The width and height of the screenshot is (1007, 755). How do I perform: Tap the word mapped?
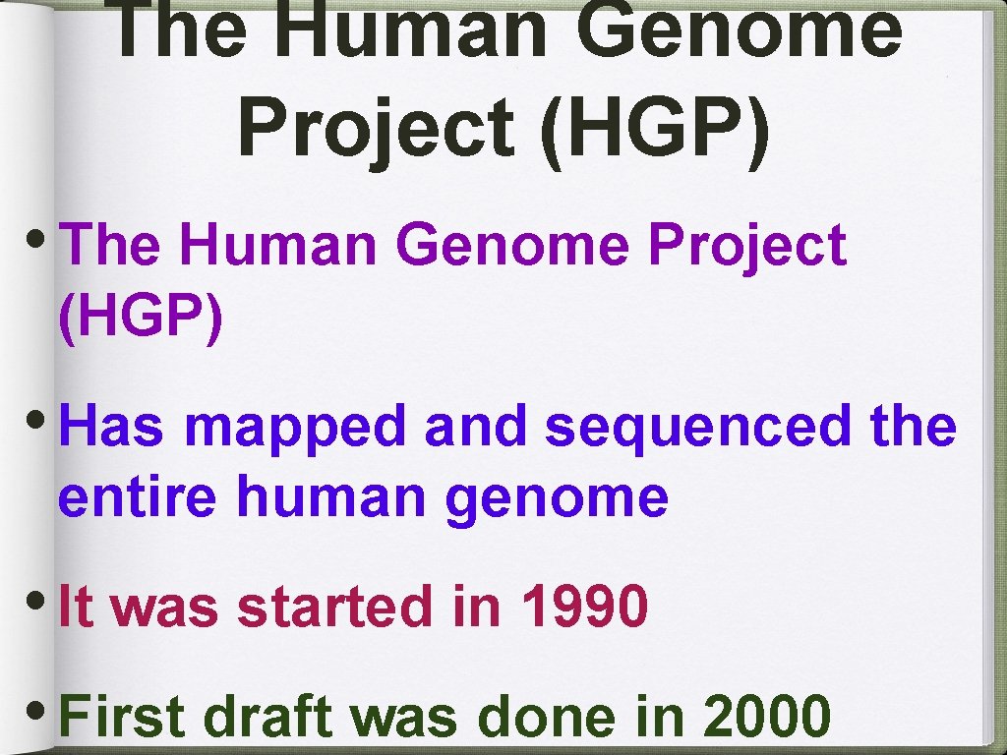[296, 428]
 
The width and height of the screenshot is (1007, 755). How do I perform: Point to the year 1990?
[584, 608]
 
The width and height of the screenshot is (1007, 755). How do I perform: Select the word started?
[334, 608]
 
